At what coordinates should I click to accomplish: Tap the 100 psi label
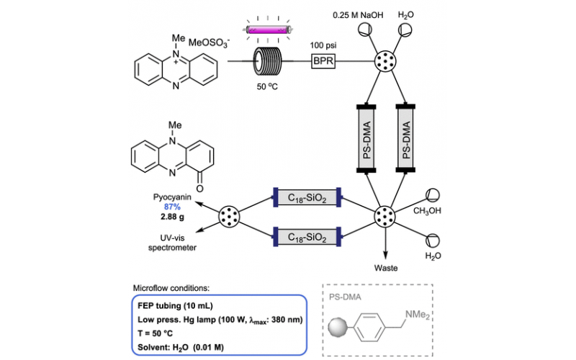tap(324, 45)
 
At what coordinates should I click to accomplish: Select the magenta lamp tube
tap(266, 30)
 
